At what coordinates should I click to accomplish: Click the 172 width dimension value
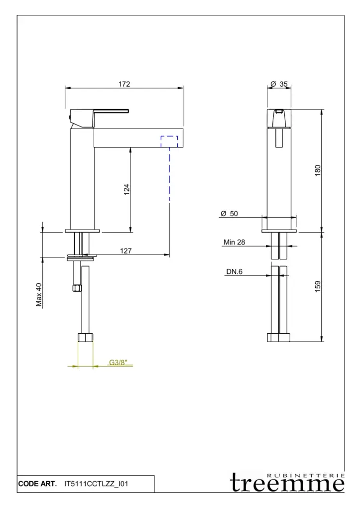pyautogui.click(x=124, y=84)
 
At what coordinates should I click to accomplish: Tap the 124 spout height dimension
pyautogui.click(x=126, y=189)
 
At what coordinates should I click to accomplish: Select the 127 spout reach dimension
pyautogui.click(x=125, y=251)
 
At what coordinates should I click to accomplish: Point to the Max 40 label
pyautogui.click(x=39, y=295)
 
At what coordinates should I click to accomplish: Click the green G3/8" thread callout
pyautogui.click(x=118, y=363)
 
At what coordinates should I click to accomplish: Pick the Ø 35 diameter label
pyautogui.click(x=279, y=84)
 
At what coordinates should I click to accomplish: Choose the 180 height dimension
pyautogui.click(x=318, y=170)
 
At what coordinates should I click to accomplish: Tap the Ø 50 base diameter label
pyautogui.click(x=229, y=213)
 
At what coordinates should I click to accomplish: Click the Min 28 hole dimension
pyautogui.click(x=234, y=242)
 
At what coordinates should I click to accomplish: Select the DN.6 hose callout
pyautogui.click(x=235, y=271)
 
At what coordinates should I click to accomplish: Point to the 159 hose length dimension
pyautogui.click(x=318, y=286)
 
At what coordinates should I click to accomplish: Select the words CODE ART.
pyautogui.click(x=37, y=484)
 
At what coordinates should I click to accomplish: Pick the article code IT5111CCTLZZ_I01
pyautogui.click(x=96, y=484)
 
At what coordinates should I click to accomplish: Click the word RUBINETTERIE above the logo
pyautogui.click(x=306, y=476)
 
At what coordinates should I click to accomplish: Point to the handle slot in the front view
pyautogui.click(x=279, y=138)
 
